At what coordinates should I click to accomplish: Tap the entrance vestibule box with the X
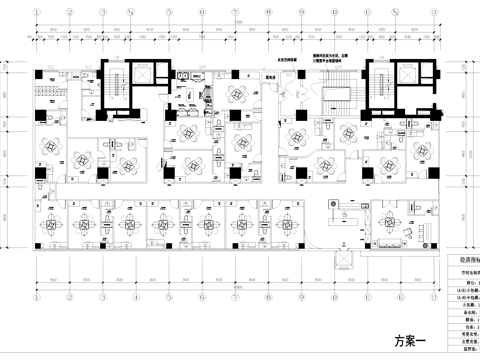345,262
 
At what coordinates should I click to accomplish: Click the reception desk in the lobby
345,214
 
